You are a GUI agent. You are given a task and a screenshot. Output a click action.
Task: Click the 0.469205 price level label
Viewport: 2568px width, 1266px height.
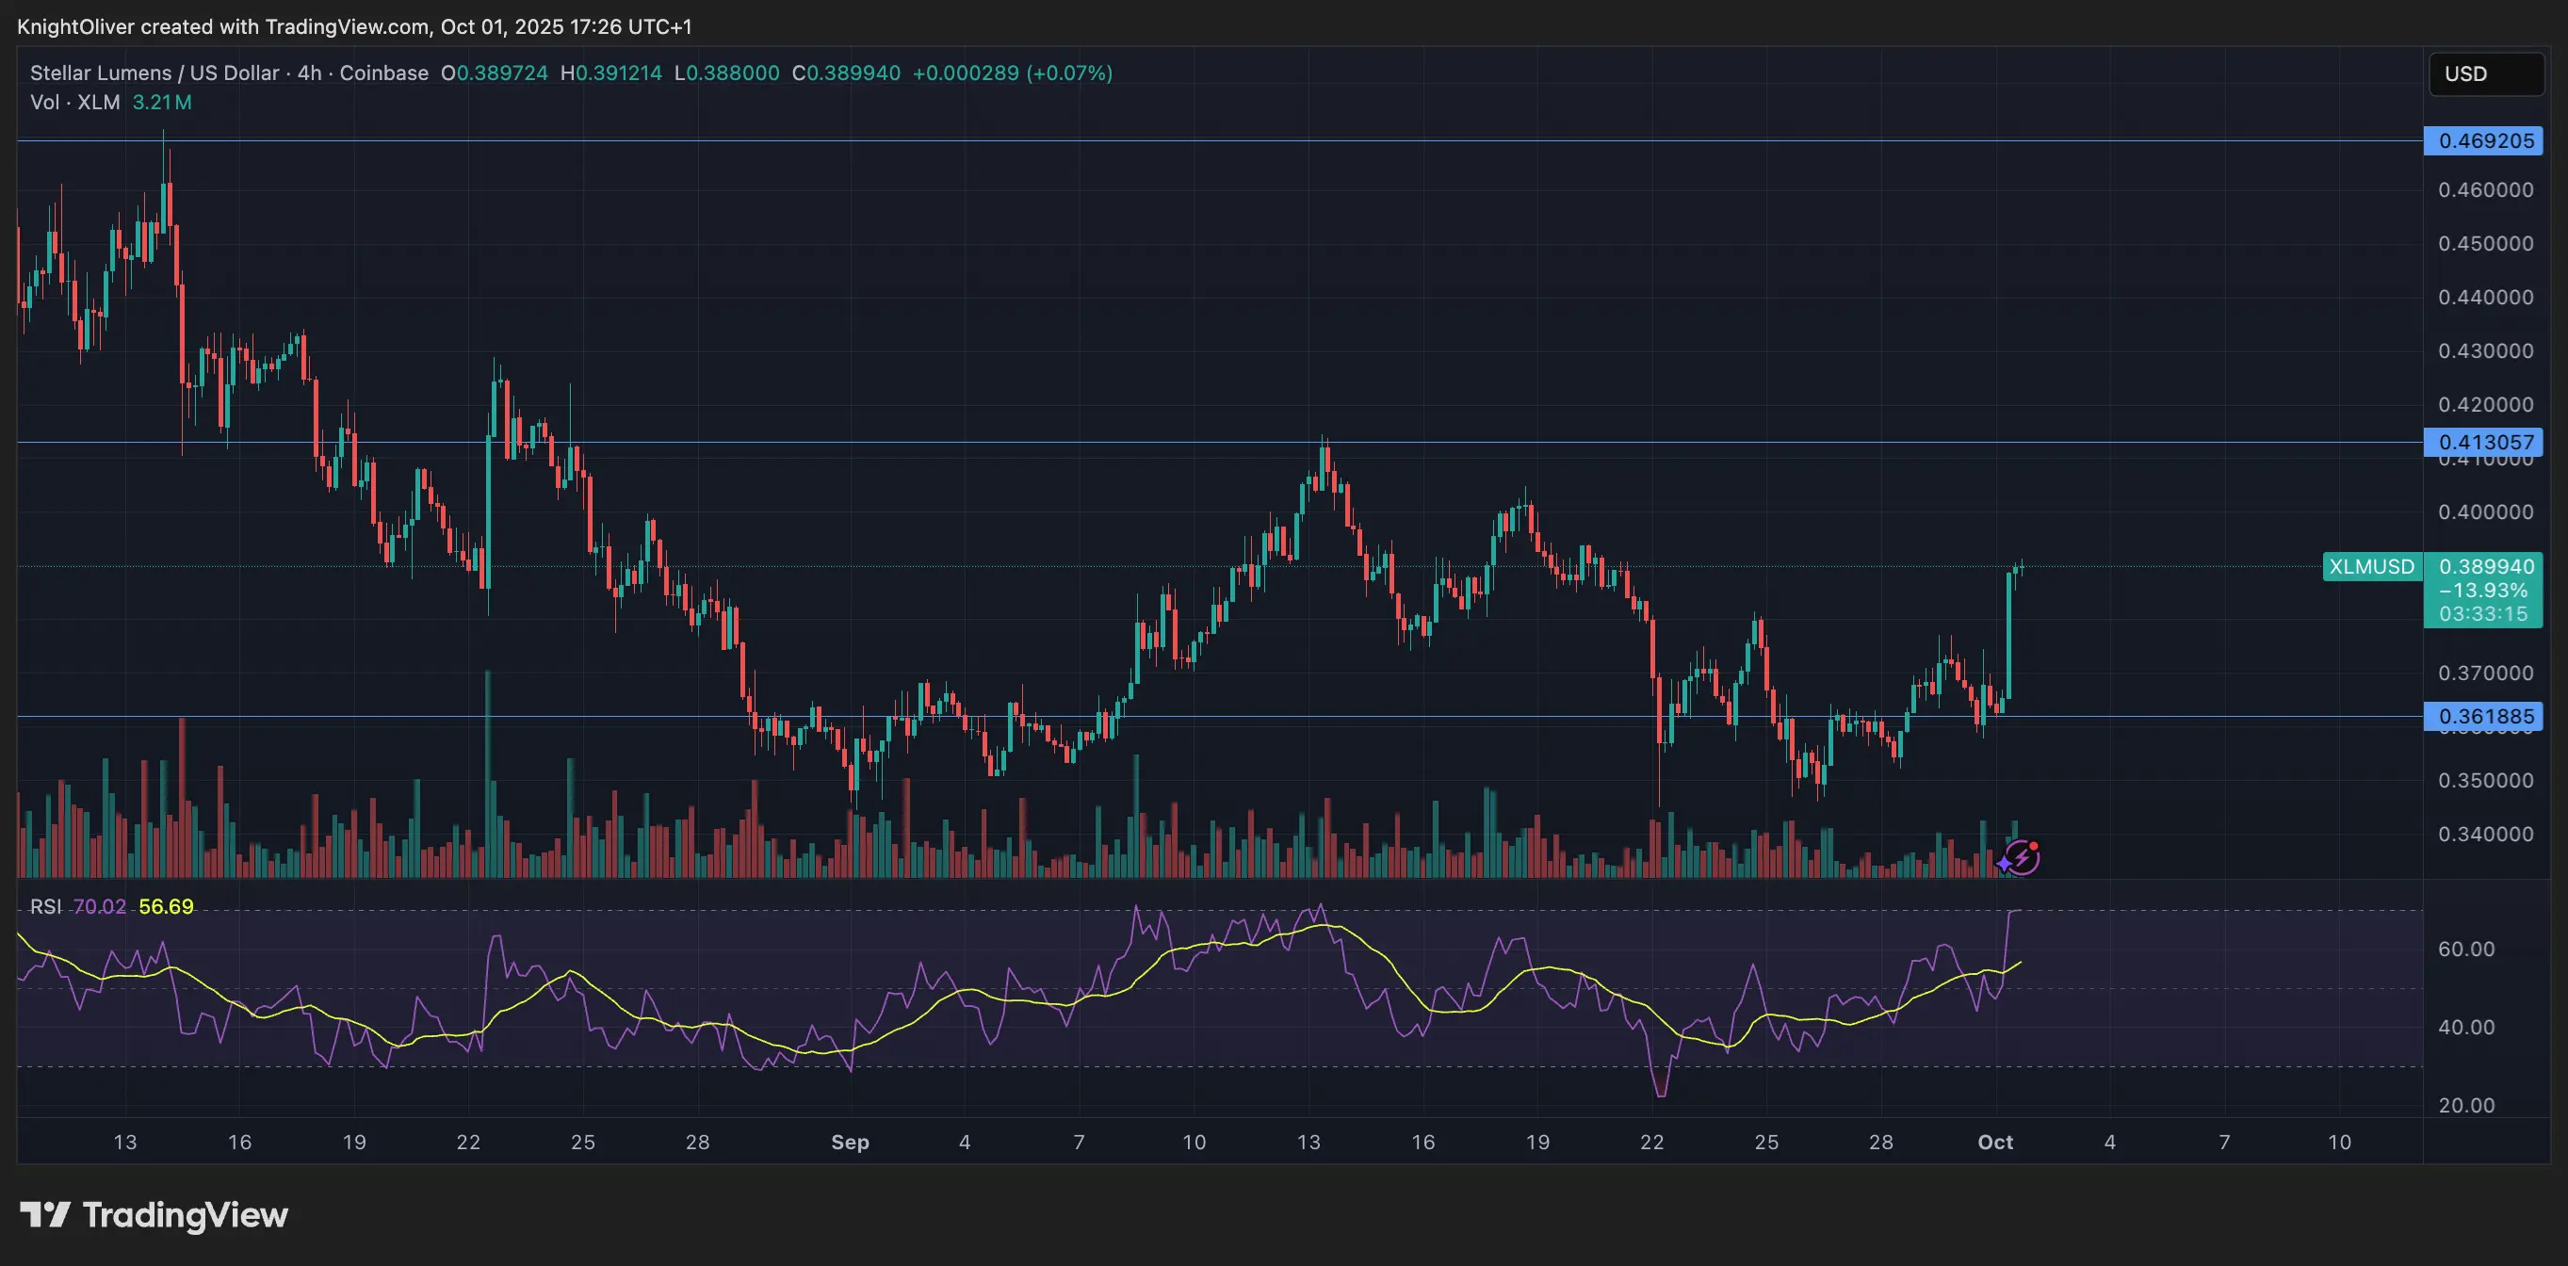[x=2485, y=140]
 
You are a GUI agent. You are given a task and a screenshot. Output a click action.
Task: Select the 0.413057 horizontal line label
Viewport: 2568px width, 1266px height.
[x=2485, y=442]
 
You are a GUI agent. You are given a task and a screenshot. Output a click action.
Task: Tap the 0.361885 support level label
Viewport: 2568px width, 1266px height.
[x=2485, y=716]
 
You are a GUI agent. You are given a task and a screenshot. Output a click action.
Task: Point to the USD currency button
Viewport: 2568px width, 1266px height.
[x=2485, y=73]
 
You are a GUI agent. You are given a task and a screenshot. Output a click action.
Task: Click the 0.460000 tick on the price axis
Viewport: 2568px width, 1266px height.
[x=2485, y=189]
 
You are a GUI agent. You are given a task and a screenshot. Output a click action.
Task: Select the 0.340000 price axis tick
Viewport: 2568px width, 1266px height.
[x=2485, y=834]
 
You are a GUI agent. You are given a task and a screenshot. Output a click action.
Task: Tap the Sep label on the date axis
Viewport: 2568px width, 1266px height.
[x=851, y=1142]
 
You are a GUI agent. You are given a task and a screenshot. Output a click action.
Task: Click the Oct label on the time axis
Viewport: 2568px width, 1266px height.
[x=1995, y=1142]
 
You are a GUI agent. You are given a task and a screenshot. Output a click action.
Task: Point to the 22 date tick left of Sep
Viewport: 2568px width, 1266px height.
[x=468, y=1142]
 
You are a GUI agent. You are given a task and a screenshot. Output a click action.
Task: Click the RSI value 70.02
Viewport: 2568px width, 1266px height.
[x=100, y=906]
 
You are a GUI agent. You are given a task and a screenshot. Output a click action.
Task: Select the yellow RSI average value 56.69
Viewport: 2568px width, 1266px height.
[x=167, y=906]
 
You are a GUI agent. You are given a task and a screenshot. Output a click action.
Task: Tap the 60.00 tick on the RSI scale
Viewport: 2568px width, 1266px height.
[x=2466, y=949]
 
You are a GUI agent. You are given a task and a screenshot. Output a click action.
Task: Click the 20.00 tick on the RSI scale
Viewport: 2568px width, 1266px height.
[x=2466, y=1105]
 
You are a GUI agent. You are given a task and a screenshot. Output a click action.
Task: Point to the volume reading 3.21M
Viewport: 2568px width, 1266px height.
[x=162, y=102]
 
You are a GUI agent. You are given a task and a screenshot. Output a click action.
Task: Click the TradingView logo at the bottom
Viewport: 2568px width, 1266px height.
[x=154, y=1214]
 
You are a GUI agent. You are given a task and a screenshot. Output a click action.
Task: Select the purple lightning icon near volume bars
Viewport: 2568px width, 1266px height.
[x=2020, y=857]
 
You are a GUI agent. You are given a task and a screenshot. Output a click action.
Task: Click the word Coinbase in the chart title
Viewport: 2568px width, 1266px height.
[x=383, y=73]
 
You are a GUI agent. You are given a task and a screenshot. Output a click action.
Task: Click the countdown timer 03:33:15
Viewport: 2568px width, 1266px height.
[x=2483, y=614]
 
